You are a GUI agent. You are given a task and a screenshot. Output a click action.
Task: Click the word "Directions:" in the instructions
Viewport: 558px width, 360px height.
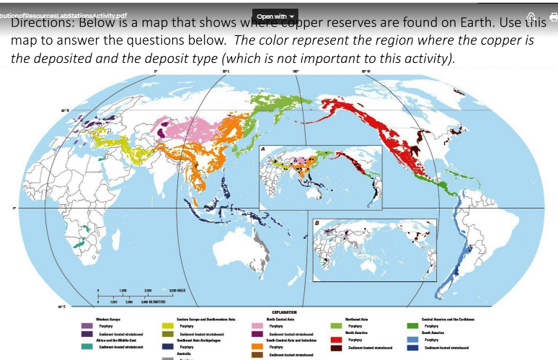(43, 22)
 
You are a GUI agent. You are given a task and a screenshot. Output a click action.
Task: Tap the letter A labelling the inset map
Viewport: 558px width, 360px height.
(264, 149)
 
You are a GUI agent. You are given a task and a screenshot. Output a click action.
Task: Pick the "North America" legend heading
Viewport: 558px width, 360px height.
(358, 333)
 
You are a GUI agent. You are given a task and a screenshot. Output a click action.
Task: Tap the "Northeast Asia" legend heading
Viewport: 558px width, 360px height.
(358, 319)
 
